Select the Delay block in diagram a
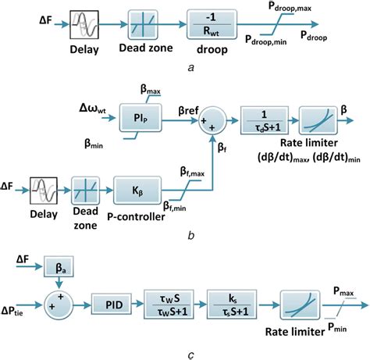pos(85,27)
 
